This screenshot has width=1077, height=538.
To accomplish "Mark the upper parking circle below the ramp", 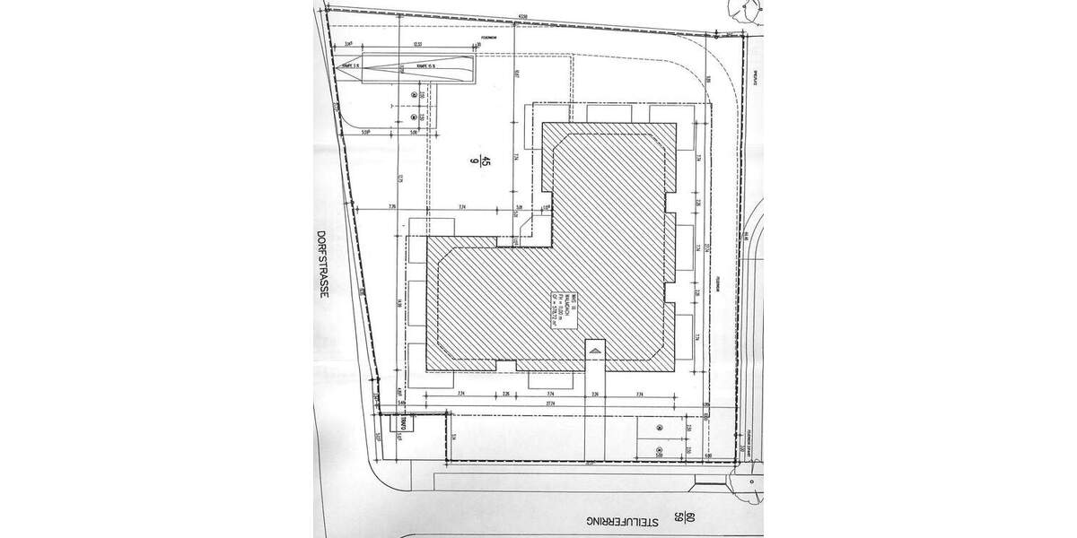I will point(413,94).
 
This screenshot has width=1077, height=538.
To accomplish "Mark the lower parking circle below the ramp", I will point(413,117).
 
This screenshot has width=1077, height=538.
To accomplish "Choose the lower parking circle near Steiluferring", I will point(660,450).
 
